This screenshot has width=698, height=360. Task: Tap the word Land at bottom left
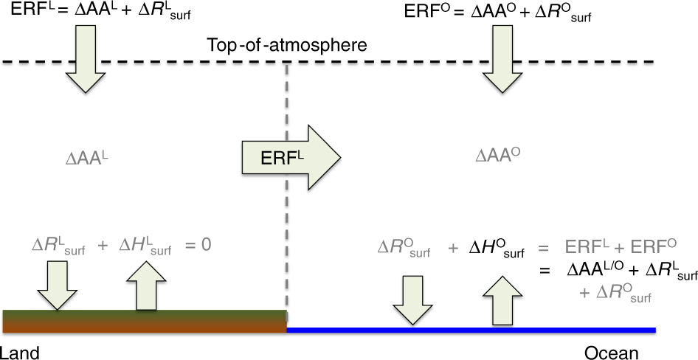(x=19, y=353)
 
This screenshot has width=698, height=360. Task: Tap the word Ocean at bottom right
(x=611, y=353)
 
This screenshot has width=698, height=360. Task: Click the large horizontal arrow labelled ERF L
(x=289, y=155)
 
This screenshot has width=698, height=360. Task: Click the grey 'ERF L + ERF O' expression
(x=621, y=246)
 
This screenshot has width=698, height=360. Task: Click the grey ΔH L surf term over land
(x=145, y=246)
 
